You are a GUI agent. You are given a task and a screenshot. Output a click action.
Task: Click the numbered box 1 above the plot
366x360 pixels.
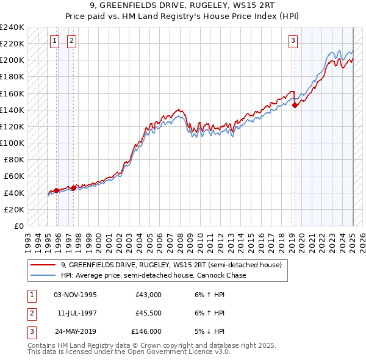coord(54,41)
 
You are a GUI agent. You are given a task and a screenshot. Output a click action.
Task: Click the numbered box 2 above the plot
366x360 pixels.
coord(71,41)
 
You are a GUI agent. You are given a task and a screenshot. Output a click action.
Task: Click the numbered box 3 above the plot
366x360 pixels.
coord(293,41)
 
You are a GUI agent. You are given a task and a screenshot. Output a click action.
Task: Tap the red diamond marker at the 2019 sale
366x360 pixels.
coord(295,105)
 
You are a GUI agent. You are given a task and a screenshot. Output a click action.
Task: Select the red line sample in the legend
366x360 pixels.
coord(43,265)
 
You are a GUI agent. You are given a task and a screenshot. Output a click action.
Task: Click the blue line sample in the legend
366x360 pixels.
coord(43,276)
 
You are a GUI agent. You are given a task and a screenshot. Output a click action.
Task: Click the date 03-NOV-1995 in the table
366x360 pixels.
coord(75,295)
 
